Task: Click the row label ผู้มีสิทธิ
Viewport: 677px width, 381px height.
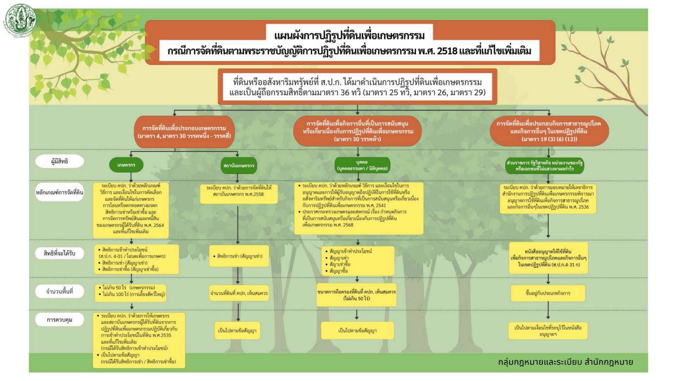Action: (x=60, y=161)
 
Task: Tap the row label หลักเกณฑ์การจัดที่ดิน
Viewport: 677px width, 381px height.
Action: (x=60, y=193)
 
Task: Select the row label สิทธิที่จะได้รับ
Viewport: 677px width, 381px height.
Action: (x=60, y=253)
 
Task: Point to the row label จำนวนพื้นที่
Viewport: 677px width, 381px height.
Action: (x=60, y=291)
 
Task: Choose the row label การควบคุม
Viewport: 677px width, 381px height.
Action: (x=60, y=320)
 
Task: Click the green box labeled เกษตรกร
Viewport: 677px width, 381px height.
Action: (x=126, y=165)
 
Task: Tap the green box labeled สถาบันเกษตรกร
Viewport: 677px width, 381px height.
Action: (x=239, y=165)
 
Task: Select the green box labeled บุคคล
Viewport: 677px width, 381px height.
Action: (x=362, y=165)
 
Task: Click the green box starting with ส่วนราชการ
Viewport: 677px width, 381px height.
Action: (x=544, y=165)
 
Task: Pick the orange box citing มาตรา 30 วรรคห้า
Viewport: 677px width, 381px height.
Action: (x=357, y=131)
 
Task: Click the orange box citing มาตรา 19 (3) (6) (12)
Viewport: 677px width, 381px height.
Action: (x=549, y=131)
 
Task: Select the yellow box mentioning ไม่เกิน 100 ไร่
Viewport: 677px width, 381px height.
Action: (x=131, y=291)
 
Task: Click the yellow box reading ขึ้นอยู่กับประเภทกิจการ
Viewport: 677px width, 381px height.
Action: (x=548, y=293)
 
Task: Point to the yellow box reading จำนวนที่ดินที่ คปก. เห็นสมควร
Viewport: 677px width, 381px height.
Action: (x=239, y=293)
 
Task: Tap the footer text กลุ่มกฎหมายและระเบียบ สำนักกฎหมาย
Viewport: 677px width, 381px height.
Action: (x=565, y=362)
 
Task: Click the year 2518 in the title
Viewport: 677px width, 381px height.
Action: (x=447, y=51)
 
